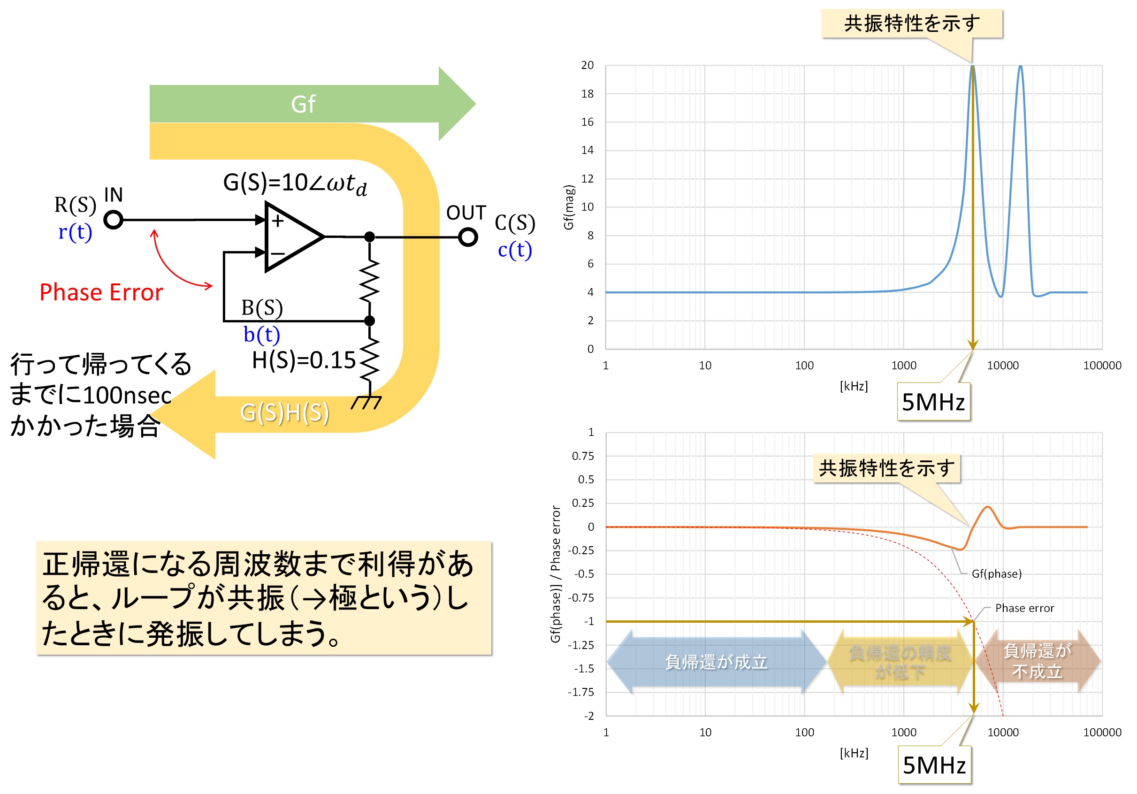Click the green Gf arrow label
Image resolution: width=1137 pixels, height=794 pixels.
(303, 104)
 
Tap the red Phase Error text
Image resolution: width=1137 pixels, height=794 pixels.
(101, 292)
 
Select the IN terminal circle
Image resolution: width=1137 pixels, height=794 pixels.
(114, 220)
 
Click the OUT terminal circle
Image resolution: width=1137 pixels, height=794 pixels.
(467, 237)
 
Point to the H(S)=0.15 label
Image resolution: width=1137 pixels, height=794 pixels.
(304, 360)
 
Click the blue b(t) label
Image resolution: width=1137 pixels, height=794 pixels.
(261, 335)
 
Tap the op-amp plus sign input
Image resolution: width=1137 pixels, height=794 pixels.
(278, 221)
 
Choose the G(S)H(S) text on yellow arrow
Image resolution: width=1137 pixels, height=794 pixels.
(284, 412)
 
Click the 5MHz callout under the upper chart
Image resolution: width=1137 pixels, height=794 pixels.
(933, 402)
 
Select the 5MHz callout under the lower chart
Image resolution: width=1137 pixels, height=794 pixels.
(934, 765)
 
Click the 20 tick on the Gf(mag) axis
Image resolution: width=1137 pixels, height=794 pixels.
(588, 65)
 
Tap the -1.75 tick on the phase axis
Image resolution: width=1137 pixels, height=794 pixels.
(581, 692)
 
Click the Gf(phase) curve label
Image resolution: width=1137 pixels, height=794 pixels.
(996, 573)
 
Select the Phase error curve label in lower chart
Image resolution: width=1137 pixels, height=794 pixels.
(1024, 608)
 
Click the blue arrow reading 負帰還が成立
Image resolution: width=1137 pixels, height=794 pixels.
(716, 662)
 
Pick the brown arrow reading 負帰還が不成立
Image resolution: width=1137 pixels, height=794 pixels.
(1038, 661)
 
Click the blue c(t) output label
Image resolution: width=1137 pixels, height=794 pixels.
(515, 250)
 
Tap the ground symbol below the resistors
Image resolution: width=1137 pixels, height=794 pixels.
(366, 402)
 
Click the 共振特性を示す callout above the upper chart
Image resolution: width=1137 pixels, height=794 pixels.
(912, 23)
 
